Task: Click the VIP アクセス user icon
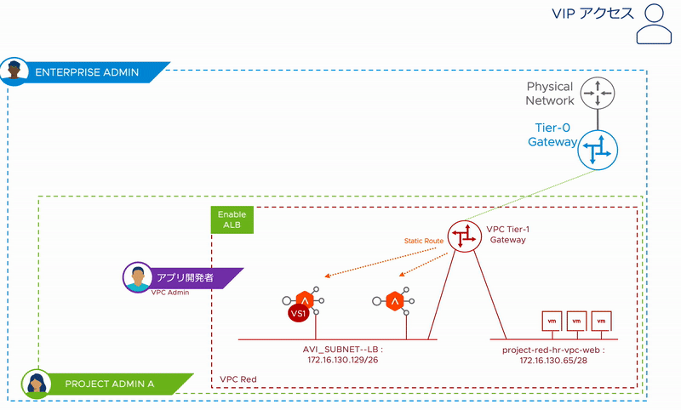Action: pos(655,26)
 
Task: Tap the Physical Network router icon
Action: pos(598,93)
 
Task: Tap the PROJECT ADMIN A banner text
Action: pos(109,384)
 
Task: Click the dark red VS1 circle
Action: pos(298,314)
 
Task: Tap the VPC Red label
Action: pos(238,379)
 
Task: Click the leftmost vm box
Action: pos(552,322)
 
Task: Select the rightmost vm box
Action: pos(602,322)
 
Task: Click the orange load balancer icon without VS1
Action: pos(393,301)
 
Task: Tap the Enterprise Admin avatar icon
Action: pos(14,71)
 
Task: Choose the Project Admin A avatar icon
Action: pos(36,384)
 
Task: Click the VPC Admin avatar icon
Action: pos(135,277)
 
